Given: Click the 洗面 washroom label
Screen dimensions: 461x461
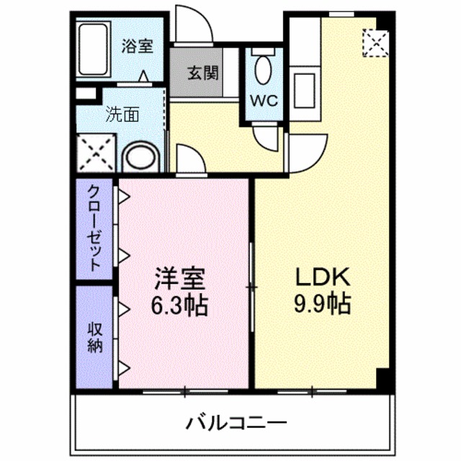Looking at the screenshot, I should click(122, 113).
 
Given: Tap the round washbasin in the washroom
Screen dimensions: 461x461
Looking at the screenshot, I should click(138, 158).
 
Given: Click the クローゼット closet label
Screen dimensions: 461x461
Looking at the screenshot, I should click(94, 227).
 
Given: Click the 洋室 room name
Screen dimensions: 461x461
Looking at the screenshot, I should click(179, 277).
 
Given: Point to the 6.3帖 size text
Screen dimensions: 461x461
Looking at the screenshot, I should click(179, 306).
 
